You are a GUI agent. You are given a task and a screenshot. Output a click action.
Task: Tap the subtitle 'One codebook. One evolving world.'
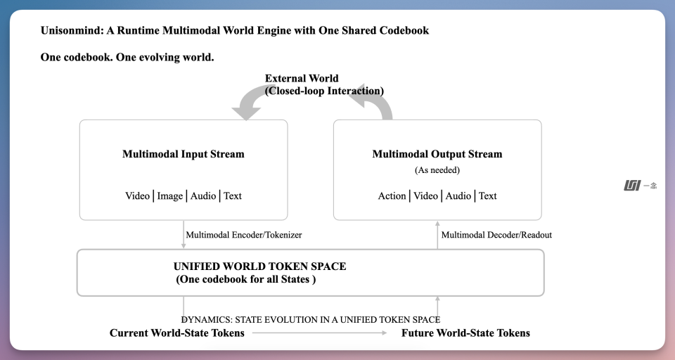click(x=127, y=57)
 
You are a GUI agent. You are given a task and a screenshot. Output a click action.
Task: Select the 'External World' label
click(x=302, y=78)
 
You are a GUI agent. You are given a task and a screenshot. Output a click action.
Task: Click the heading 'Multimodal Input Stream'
click(x=184, y=154)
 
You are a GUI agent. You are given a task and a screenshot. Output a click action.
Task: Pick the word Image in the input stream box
click(x=169, y=196)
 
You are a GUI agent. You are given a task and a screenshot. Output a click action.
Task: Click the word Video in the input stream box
click(x=137, y=196)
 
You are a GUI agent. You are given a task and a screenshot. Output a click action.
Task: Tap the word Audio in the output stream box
click(x=458, y=196)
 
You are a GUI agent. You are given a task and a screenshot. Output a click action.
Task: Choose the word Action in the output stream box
click(x=392, y=196)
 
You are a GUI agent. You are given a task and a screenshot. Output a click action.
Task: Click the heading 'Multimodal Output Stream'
click(x=437, y=154)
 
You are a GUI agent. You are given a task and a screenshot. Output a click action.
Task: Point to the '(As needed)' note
click(x=437, y=170)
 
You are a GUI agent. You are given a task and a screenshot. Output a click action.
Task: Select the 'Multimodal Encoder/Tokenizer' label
click(x=244, y=235)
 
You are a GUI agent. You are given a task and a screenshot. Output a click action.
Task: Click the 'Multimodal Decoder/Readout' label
click(x=496, y=235)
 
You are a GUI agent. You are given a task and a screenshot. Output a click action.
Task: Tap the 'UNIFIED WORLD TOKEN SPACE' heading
click(x=259, y=266)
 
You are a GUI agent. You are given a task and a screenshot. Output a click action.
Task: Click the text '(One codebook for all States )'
click(x=246, y=279)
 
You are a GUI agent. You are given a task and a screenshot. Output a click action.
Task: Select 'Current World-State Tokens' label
click(x=177, y=333)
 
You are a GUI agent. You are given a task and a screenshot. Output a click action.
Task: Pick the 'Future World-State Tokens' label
click(x=465, y=333)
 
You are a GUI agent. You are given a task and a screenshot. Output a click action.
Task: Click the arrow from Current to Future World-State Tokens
click(x=319, y=333)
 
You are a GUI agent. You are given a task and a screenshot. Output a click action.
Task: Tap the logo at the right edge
click(x=640, y=186)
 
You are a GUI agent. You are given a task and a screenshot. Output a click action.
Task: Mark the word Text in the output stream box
click(x=488, y=196)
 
